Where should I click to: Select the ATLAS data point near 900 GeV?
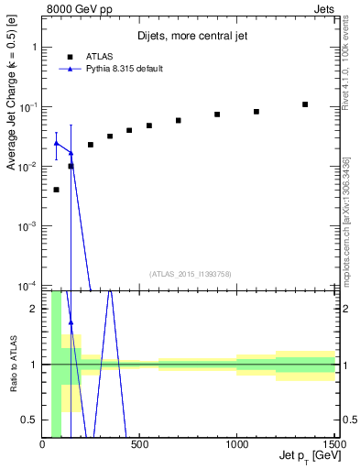click(x=217, y=115)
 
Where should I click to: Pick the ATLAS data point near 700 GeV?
click(x=179, y=120)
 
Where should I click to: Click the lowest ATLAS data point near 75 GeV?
click(x=57, y=190)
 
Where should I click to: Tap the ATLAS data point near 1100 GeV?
click(x=256, y=112)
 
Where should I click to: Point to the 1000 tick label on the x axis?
click(x=236, y=445)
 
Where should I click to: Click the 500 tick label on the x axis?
click(x=139, y=445)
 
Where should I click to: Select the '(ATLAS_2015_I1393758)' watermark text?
click(x=190, y=273)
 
